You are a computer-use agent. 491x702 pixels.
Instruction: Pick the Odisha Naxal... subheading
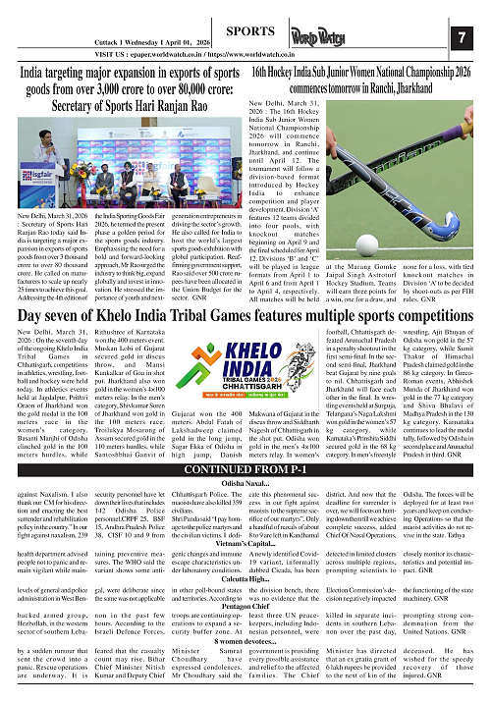pyautogui.click(x=245, y=511)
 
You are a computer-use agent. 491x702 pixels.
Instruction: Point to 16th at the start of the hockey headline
pyautogui.click(x=262, y=72)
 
